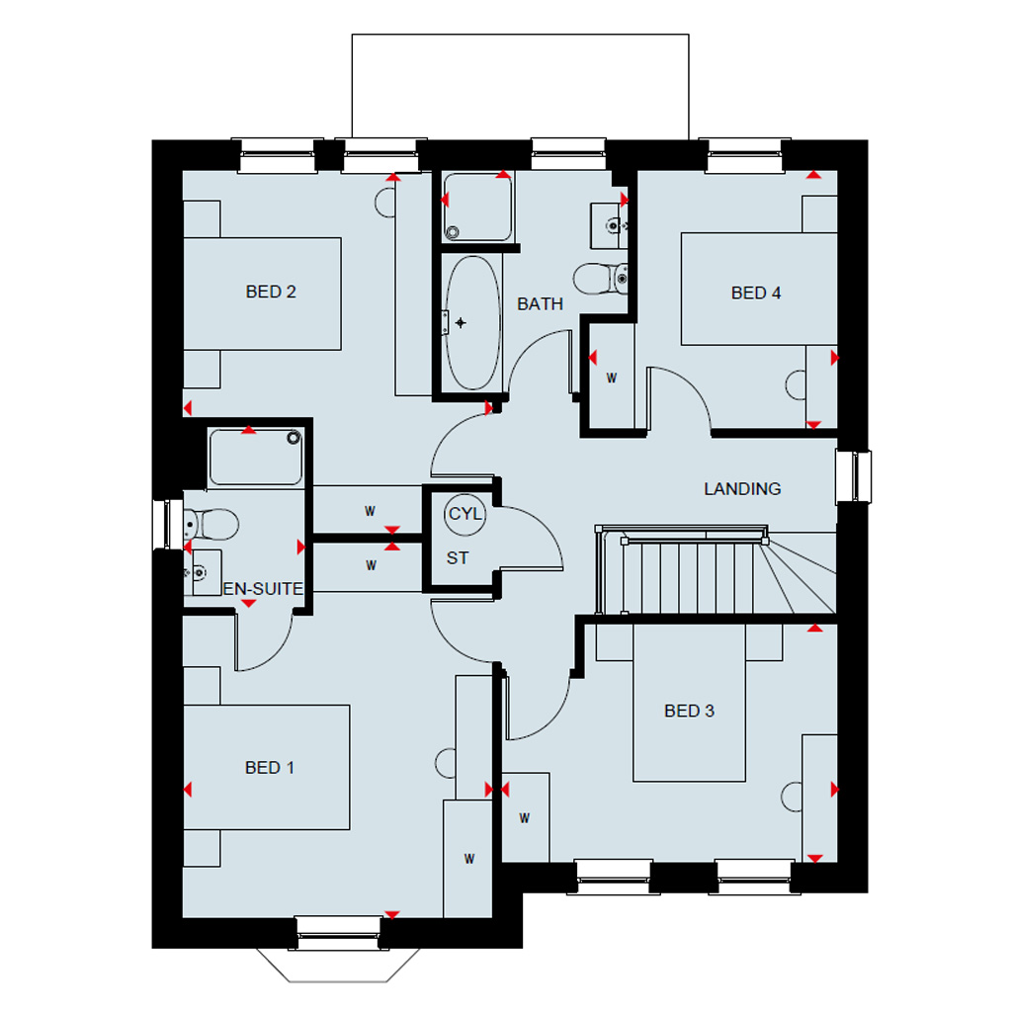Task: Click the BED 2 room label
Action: click(271, 292)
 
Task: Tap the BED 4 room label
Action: click(756, 293)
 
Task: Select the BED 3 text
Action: click(689, 711)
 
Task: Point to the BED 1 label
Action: click(269, 767)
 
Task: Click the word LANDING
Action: click(742, 488)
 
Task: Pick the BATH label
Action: click(540, 304)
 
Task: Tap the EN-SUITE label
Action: click(263, 589)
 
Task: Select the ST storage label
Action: click(458, 558)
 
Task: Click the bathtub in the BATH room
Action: click(472, 323)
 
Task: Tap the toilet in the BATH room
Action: click(600, 278)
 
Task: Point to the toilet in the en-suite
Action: click(211, 524)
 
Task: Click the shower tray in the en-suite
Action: click(256, 457)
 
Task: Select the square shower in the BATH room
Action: click(477, 208)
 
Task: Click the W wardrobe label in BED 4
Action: click(611, 379)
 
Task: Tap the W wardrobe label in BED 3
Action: click(525, 818)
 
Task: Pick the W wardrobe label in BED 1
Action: click(469, 859)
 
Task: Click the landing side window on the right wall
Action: click(853, 476)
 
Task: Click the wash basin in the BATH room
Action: click(609, 226)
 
